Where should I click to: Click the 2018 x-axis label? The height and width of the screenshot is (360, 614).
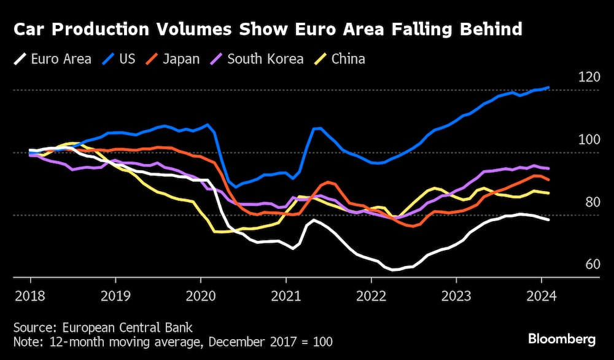(29, 295)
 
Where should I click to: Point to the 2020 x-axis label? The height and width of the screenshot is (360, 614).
(200, 295)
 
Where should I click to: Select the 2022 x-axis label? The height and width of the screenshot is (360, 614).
(371, 295)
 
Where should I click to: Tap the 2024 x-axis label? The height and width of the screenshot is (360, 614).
(542, 295)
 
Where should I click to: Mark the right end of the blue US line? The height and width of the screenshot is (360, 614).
(548, 88)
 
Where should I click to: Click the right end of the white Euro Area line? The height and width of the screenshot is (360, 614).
(548, 219)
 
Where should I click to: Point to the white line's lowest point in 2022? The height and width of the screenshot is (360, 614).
(393, 270)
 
